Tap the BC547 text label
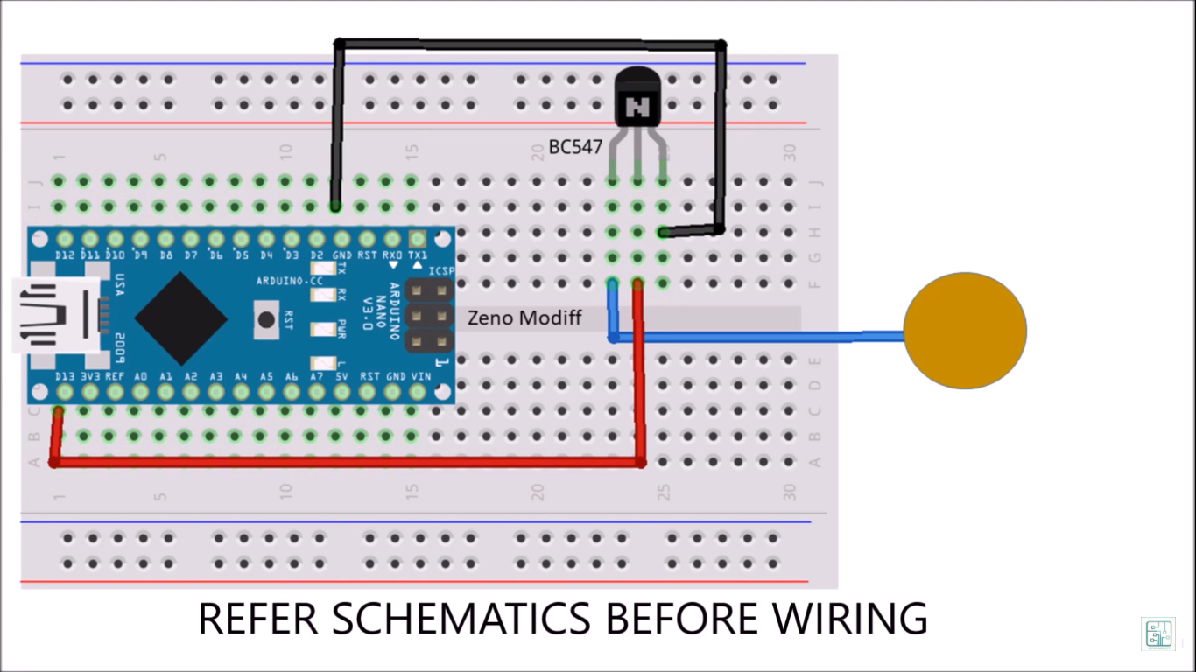pyautogui.click(x=575, y=147)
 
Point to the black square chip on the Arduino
pyautogui.click(x=180, y=318)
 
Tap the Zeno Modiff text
pyautogui.click(x=524, y=318)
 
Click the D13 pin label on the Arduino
pyautogui.click(x=64, y=376)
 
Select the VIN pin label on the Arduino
pyautogui.click(x=421, y=376)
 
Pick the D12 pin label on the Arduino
pyautogui.click(x=64, y=255)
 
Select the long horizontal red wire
pyautogui.click(x=350, y=461)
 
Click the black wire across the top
pyautogui.click(x=525, y=43)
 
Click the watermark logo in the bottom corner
pyautogui.click(x=1157, y=633)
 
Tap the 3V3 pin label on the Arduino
pyautogui.click(x=89, y=376)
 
